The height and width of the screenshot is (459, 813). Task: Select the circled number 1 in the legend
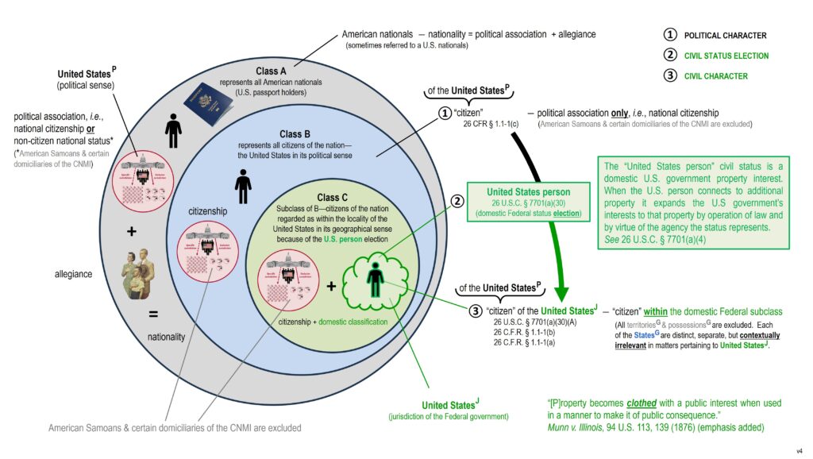670,35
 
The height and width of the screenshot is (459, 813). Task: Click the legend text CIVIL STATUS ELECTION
727,56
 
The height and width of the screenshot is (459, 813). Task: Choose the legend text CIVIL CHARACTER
716,76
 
